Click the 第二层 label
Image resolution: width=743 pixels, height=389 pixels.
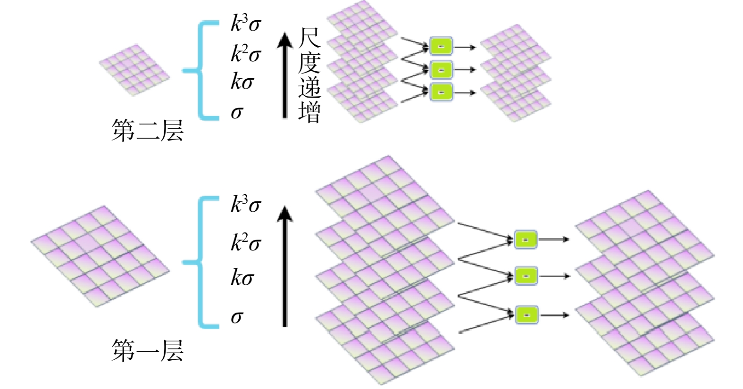tap(147, 131)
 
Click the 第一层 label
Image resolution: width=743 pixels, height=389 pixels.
tap(147, 351)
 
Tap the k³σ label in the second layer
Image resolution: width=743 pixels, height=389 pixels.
tap(245, 23)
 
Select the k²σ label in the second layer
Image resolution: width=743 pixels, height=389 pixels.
tap(245, 53)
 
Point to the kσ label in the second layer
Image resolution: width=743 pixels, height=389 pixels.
tap(242, 82)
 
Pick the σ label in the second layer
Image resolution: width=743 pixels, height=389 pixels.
tap(237, 112)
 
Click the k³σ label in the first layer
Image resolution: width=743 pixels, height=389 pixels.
tap(245, 204)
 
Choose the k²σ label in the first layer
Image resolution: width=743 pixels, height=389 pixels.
tap(245, 242)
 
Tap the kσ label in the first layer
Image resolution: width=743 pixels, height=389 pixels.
tap(242, 277)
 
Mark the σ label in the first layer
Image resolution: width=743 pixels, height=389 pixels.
tap(237, 316)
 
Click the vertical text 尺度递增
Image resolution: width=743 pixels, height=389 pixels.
tap(309, 75)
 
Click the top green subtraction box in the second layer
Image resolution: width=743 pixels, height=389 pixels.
tap(441, 46)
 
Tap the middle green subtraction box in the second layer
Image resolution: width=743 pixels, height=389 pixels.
tap(441, 70)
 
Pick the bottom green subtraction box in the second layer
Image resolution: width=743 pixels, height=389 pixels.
tap(441, 92)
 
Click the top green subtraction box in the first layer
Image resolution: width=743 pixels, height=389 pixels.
tap(526, 240)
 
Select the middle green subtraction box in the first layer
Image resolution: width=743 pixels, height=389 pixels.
tap(526, 276)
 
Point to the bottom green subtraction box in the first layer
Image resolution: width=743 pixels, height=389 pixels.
tap(526, 315)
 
